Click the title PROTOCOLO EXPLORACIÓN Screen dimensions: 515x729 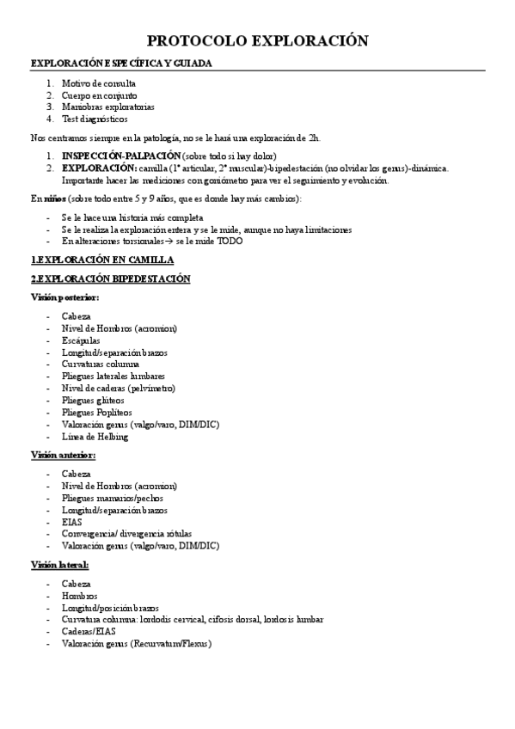coord(257,40)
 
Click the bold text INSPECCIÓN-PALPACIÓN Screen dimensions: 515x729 coord(120,156)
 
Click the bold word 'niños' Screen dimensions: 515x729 coord(52,199)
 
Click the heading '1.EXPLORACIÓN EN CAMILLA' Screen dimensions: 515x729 coord(102,260)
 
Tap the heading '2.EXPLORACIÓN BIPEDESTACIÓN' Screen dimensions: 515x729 coord(110,279)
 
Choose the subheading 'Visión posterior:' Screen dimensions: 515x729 coord(64,297)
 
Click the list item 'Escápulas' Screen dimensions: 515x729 coord(81,340)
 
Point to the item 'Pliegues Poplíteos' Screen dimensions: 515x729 coord(95,413)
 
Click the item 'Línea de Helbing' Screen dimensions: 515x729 coord(95,437)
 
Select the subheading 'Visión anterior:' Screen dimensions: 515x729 coord(63,455)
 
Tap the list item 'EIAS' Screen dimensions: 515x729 coord(72,522)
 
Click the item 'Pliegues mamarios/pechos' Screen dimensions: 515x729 coord(112,498)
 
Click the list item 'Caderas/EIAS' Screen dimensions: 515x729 coord(89,631)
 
